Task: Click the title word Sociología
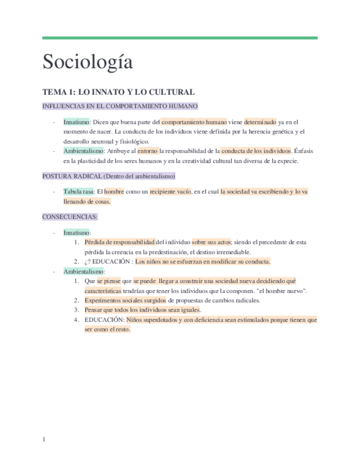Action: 88,62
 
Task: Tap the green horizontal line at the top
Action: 180,38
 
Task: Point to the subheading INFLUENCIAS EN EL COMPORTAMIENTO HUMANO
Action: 120,106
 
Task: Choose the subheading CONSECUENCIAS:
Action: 70,217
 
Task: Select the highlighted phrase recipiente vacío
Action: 170,191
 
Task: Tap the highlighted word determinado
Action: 260,121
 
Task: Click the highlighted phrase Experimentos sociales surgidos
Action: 125,300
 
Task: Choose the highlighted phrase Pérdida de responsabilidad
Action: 120,241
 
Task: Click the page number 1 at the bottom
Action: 44,439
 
